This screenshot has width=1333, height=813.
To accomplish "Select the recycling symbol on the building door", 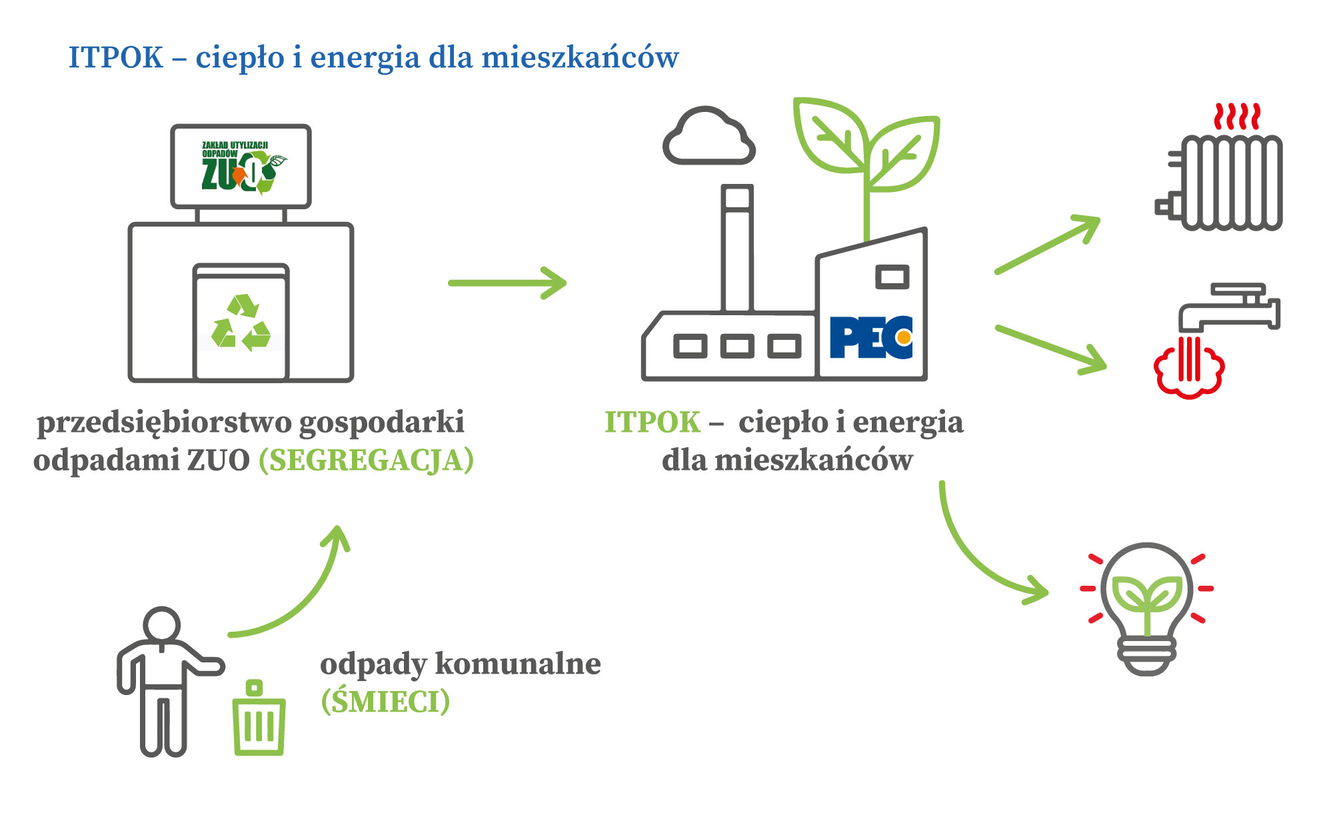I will pyautogui.click(x=241, y=323).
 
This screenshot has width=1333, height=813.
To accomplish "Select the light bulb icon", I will pyautogui.click(x=1146, y=606).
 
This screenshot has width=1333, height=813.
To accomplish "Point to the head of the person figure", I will pyautogui.click(x=162, y=625).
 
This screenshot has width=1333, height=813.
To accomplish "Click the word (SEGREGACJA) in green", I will pyautogui.click(x=367, y=460).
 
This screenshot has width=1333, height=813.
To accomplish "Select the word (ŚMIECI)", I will pyautogui.click(x=385, y=702).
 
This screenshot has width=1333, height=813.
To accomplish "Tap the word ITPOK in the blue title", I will pyautogui.click(x=116, y=58).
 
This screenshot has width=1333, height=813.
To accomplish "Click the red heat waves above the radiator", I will pyautogui.click(x=1237, y=117).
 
